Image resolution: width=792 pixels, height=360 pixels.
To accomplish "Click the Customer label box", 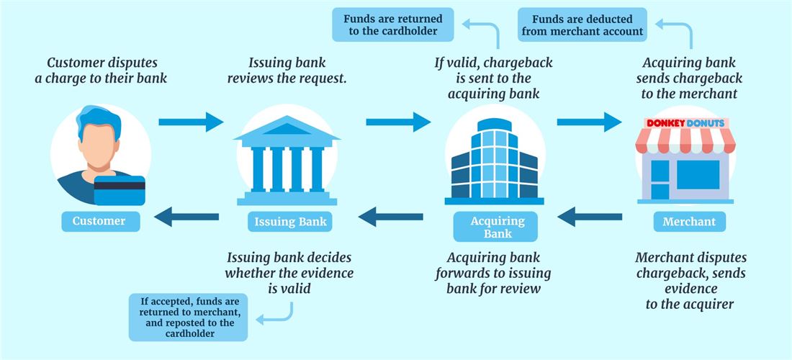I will [x=100, y=221].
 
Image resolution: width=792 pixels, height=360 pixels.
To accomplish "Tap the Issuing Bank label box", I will [x=291, y=221].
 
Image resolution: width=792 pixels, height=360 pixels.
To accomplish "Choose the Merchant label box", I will [x=689, y=221].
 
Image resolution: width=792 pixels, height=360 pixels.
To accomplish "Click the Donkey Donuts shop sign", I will [x=686, y=123].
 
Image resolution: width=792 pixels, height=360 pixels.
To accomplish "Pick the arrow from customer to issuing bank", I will [x=191, y=122].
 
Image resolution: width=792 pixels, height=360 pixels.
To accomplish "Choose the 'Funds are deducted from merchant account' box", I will [x=582, y=24].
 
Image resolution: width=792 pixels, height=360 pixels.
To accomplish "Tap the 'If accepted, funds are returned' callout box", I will [x=187, y=317].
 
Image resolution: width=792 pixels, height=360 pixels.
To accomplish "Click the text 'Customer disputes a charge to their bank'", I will [x=101, y=71].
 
